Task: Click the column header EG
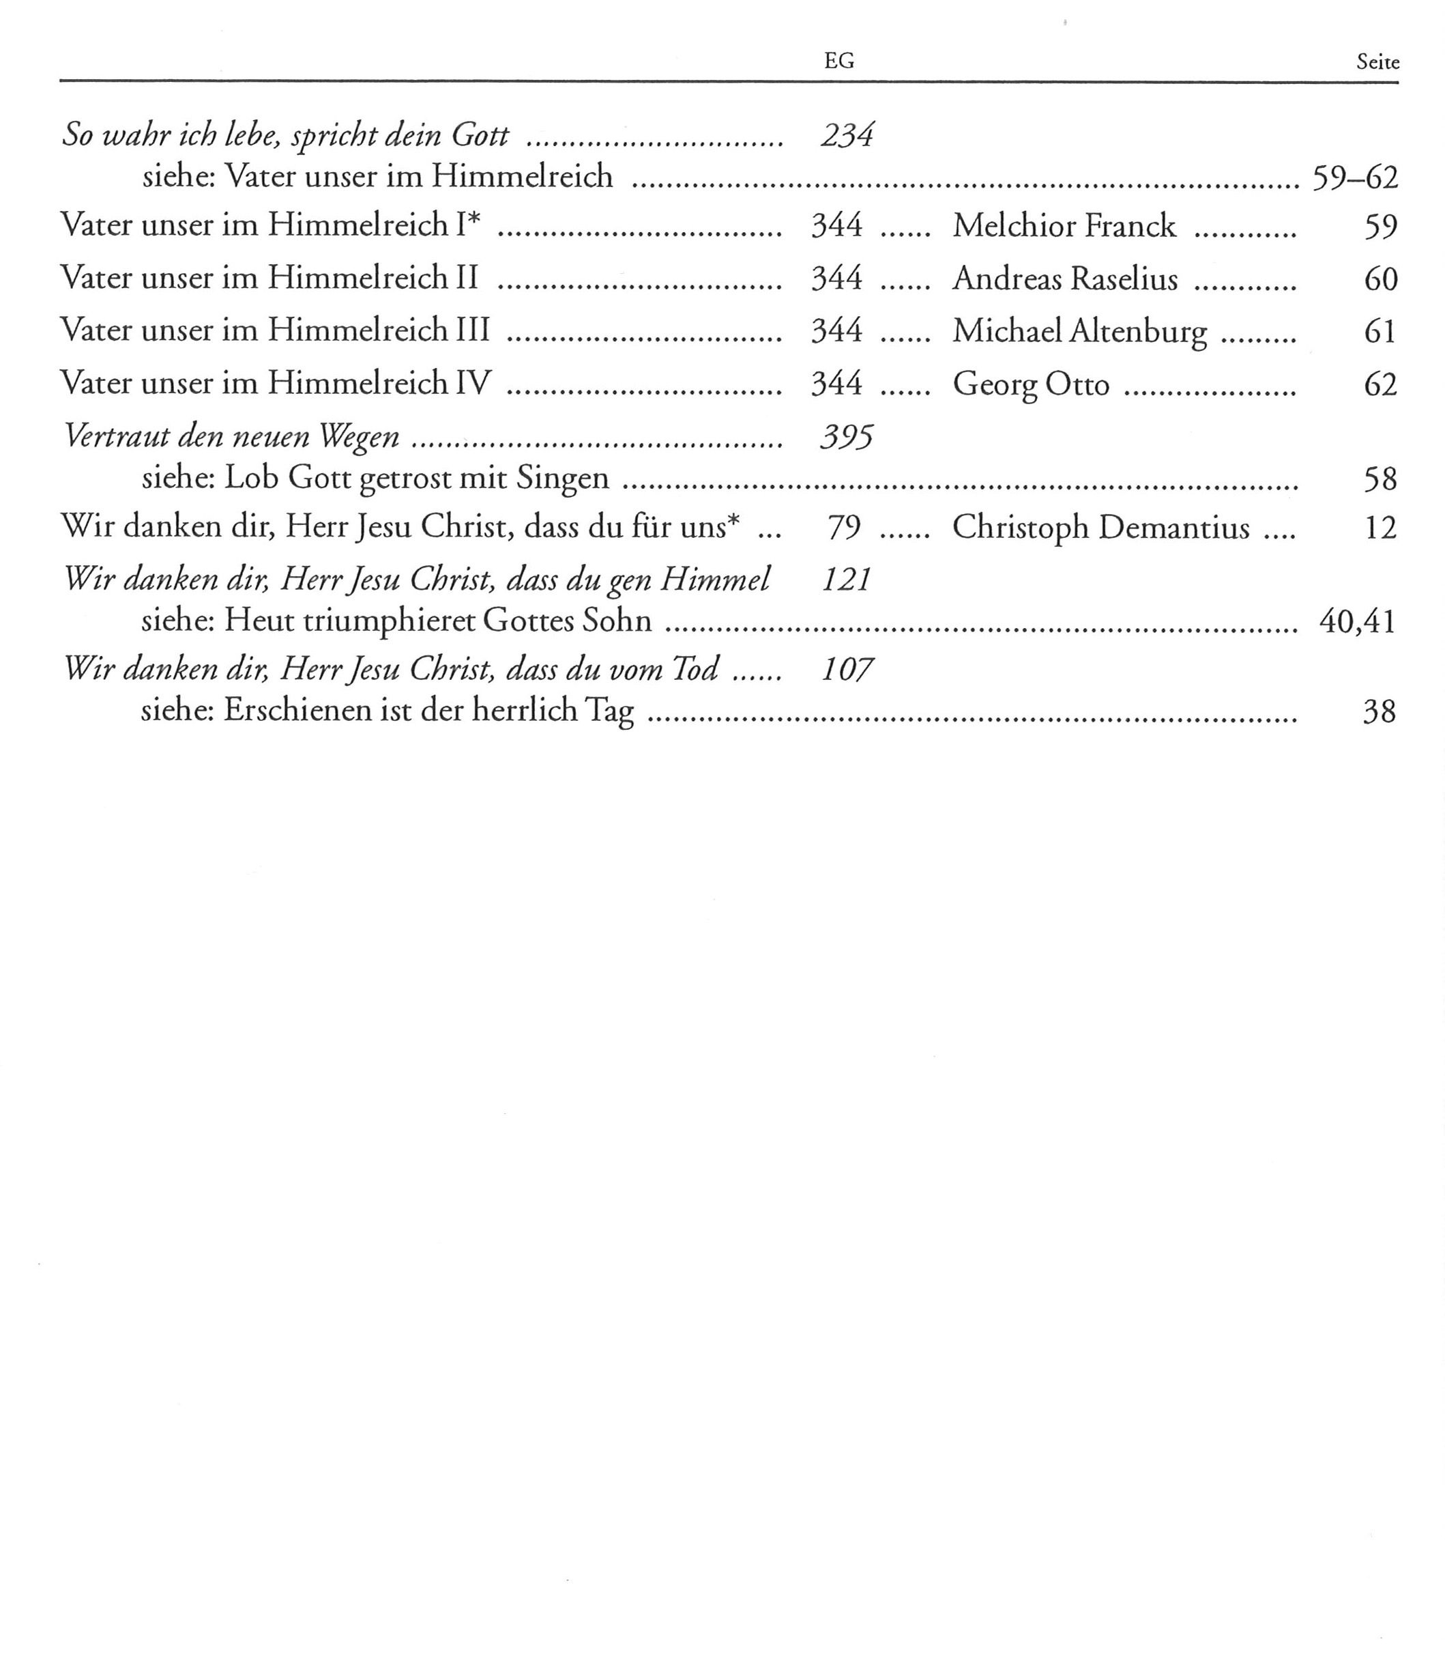tap(838, 61)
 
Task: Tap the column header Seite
tap(1377, 62)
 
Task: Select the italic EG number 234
tap(847, 134)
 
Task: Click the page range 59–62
tap(1354, 177)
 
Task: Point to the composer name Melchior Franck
tap(1064, 225)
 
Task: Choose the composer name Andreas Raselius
tap(1064, 278)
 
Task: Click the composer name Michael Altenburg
tap(1079, 330)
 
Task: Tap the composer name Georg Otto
tap(1030, 383)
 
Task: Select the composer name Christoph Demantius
tap(1100, 527)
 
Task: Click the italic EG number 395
tap(846, 438)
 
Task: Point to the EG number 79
tap(843, 527)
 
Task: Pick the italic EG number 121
tap(846, 580)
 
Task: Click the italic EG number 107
tap(846, 670)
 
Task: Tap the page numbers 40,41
tap(1357, 621)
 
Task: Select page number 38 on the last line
tap(1380, 711)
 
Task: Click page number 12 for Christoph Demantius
tap(1380, 527)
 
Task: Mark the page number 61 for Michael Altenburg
tap(1380, 330)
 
